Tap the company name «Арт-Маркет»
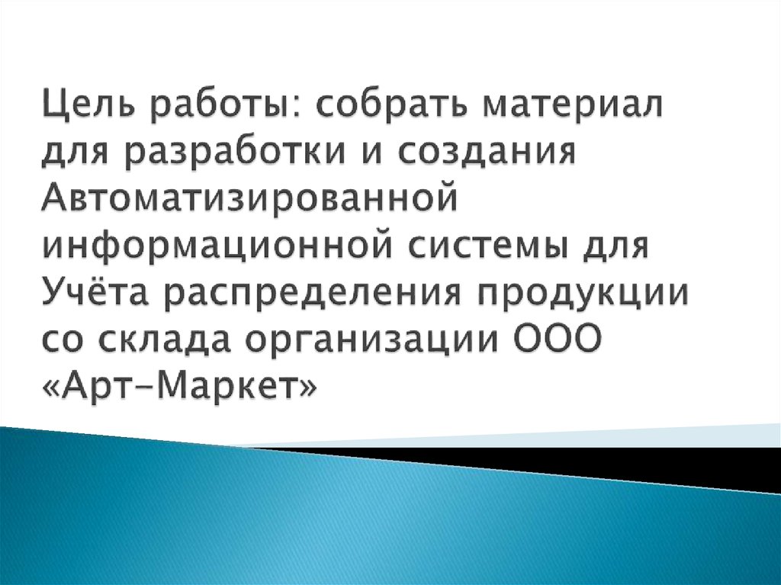(176, 388)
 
